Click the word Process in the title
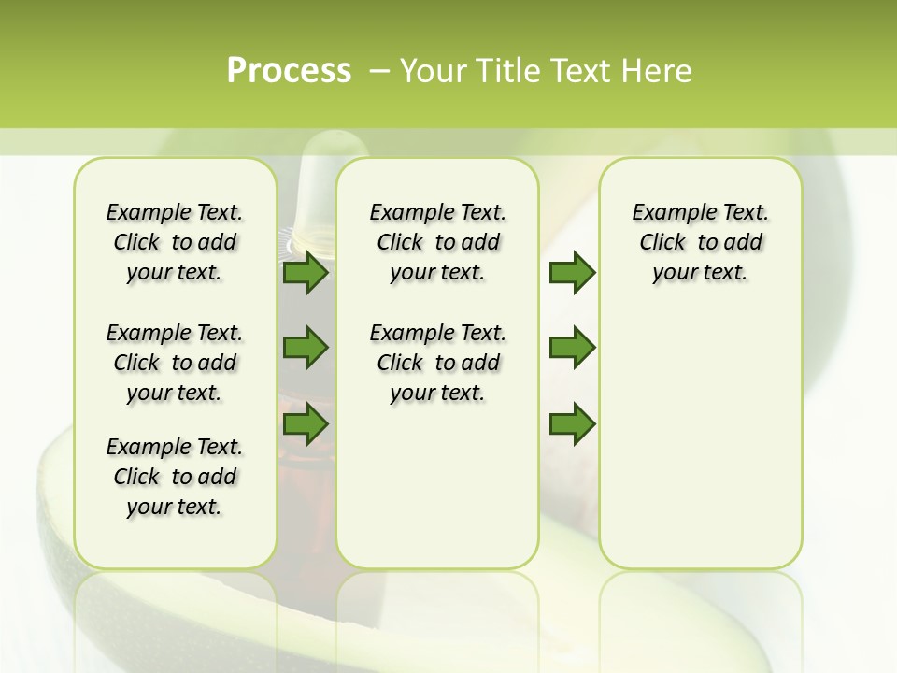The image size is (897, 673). point(289,71)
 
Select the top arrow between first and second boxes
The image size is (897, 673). point(306,273)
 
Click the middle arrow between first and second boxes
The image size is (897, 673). point(306,348)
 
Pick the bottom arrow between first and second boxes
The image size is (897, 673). point(306,423)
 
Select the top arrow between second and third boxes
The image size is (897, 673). point(572,273)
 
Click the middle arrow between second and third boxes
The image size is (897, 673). point(572,348)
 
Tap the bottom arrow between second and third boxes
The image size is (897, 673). point(572,423)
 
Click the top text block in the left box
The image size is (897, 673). point(175,242)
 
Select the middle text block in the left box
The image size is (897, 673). point(175,363)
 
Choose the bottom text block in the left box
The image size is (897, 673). point(175,477)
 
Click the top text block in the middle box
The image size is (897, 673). point(437,242)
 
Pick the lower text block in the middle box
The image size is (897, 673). point(437,363)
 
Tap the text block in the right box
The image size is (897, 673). point(700,242)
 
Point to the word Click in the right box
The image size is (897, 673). point(662,243)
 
